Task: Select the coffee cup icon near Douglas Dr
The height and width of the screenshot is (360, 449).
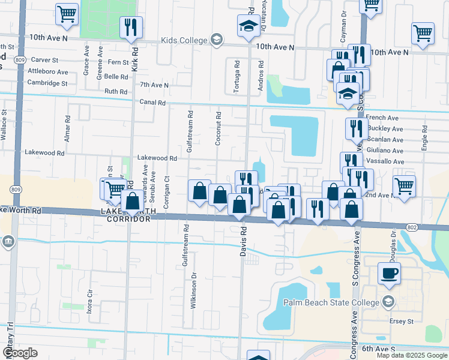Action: coord(389,274)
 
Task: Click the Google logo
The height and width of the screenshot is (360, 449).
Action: coord(20,353)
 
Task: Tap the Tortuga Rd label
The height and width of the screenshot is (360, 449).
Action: coord(237,77)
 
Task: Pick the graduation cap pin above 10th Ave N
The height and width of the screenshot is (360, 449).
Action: coord(249,27)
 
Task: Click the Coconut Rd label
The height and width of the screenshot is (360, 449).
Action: coord(218,128)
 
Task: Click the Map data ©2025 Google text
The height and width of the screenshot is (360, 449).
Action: coord(411,355)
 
